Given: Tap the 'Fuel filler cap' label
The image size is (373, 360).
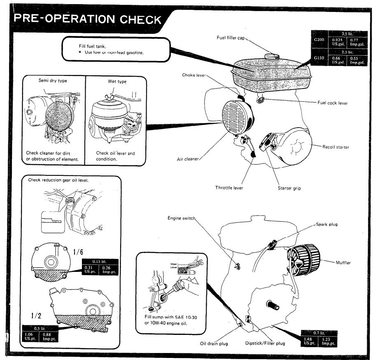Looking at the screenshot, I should (231, 38).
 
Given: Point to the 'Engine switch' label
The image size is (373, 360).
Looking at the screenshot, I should (181, 218).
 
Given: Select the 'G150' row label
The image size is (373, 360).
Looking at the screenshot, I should (319, 58).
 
